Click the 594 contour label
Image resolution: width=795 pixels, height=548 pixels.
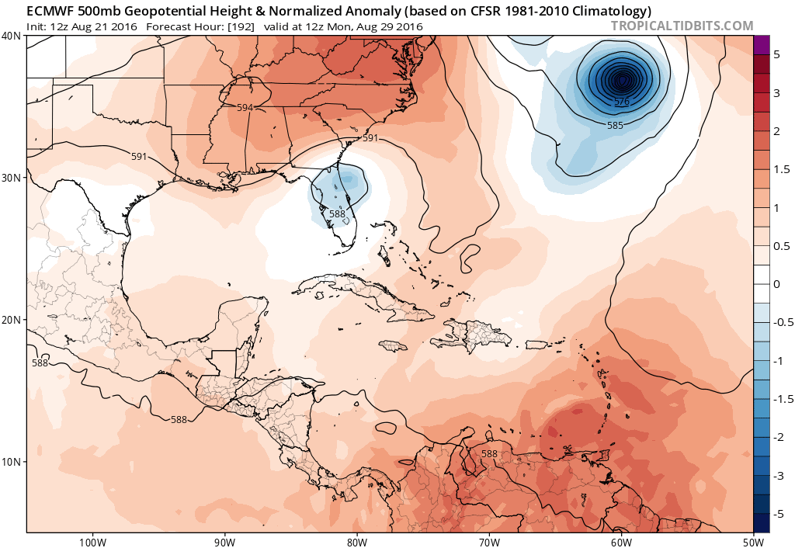pos(245,108)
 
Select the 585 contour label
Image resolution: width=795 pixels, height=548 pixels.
pos(615,125)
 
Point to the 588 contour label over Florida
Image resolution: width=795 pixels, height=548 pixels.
pos(337,213)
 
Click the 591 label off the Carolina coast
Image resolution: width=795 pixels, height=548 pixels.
pos(370,138)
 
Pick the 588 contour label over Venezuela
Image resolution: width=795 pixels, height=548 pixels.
pos(489,454)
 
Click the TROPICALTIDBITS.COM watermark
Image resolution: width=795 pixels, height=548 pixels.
pos(682,26)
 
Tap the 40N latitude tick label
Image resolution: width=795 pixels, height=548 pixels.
pos(12,36)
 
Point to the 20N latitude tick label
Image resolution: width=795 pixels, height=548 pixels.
pos(12,320)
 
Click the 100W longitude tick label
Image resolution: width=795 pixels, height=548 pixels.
pos(92,541)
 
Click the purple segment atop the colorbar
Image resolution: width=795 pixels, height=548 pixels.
pos(761,44)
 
